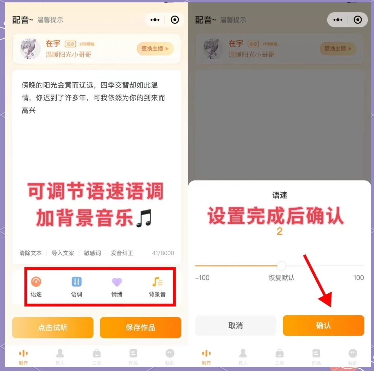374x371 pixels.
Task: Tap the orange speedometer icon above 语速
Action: coord(36,282)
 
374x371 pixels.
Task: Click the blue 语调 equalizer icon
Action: coord(77,282)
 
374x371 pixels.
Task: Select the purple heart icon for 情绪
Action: coord(117,282)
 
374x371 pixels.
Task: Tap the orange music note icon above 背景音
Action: coord(157,282)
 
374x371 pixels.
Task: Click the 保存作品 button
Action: coord(141,327)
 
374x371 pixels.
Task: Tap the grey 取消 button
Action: coord(235,326)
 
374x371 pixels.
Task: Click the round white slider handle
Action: coord(281,266)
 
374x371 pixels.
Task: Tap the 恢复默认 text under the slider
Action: coord(282,278)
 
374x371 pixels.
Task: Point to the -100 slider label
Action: coord(202,278)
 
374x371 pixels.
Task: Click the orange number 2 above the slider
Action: coord(279,231)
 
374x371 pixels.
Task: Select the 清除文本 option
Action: coord(30,253)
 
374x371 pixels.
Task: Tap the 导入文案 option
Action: coord(63,253)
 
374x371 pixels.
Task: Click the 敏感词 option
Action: coord(92,253)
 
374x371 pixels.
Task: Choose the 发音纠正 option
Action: coord(122,253)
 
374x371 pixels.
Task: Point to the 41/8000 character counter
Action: coord(163,253)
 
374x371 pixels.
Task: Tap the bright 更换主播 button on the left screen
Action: coord(155,49)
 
